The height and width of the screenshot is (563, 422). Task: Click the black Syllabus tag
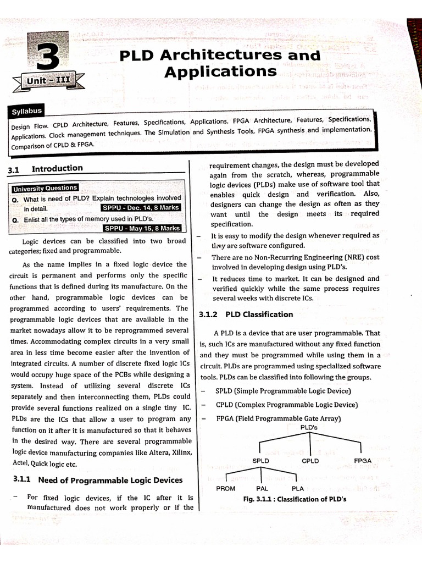[27, 112]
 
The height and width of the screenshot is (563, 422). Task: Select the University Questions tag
[45, 188]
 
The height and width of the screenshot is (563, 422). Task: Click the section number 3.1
[14, 170]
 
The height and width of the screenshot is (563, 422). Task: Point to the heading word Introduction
[57, 168]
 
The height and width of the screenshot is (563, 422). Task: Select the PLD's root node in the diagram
[310, 427]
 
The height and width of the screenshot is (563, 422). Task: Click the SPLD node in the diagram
[260, 461]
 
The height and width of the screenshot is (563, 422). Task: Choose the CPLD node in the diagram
[310, 461]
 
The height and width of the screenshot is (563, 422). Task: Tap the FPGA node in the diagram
[363, 460]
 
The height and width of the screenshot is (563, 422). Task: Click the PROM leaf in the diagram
[226, 488]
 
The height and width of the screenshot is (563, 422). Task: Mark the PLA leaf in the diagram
[298, 488]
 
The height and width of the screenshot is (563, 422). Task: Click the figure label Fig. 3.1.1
[260, 499]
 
